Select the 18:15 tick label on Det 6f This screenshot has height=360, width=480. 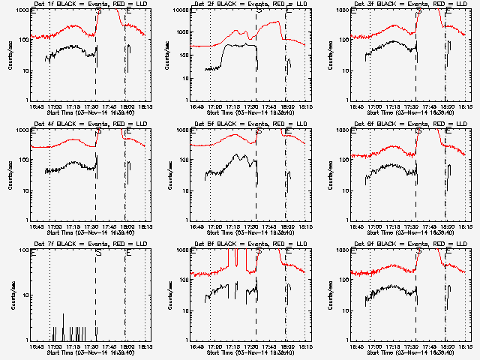click(x=466, y=226)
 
